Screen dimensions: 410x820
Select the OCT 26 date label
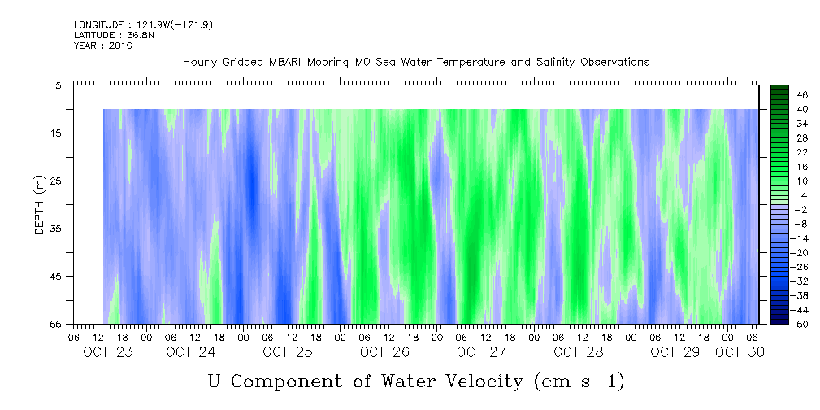384,352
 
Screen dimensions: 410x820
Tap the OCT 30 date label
740,352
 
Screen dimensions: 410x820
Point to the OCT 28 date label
578,352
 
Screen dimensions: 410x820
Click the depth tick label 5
58,85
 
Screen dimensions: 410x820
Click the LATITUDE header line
115,36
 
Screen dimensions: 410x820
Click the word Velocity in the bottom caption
479,380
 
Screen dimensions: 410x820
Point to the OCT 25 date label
287,352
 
